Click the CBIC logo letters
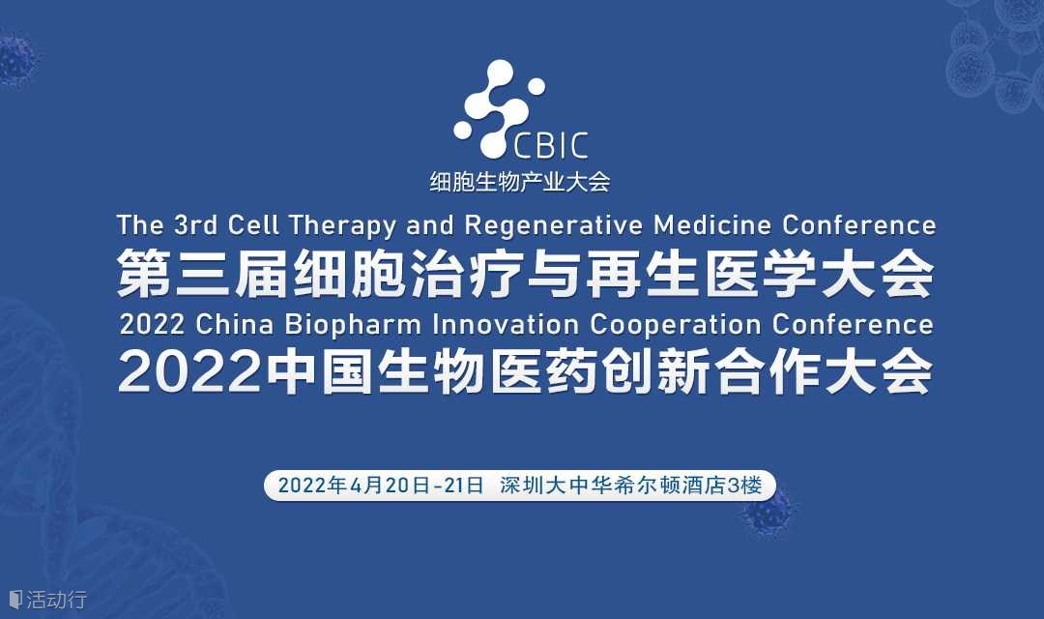click(x=551, y=145)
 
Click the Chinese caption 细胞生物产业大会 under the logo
click(x=520, y=181)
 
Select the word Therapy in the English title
click(x=342, y=226)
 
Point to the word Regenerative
click(x=553, y=226)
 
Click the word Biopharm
click(x=353, y=325)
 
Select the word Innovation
click(x=506, y=325)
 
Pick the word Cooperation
click(x=675, y=325)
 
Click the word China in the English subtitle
click(x=234, y=325)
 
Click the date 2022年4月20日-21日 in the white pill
click(x=380, y=486)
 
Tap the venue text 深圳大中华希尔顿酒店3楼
click(x=630, y=486)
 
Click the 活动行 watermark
click(x=48, y=600)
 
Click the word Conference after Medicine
click(x=859, y=225)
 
